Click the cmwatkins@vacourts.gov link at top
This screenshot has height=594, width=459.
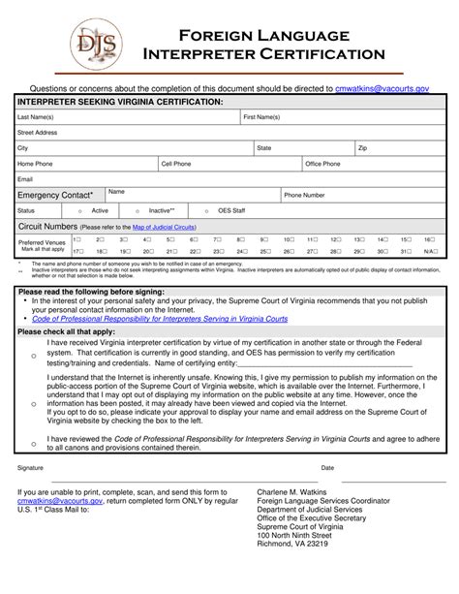(x=382, y=87)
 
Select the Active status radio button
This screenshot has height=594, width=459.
(x=79, y=210)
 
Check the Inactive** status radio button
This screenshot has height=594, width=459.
(x=138, y=210)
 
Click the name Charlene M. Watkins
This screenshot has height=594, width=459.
(x=291, y=491)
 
